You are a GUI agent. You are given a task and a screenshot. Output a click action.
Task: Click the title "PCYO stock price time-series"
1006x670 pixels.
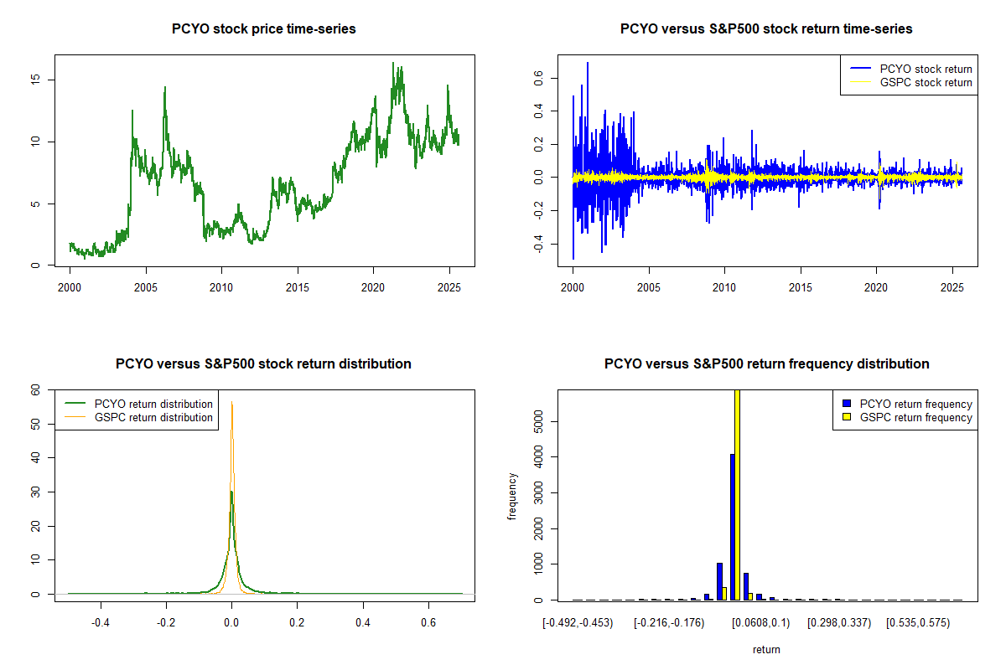tap(264, 29)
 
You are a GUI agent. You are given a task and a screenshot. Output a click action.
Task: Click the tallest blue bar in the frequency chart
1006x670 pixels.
tap(732, 527)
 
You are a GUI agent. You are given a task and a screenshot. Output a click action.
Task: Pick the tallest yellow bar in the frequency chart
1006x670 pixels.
tap(738, 494)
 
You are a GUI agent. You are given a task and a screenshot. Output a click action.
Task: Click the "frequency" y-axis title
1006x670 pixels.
tap(512, 496)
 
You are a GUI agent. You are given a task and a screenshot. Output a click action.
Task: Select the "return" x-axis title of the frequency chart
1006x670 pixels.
tap(766, 649)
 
